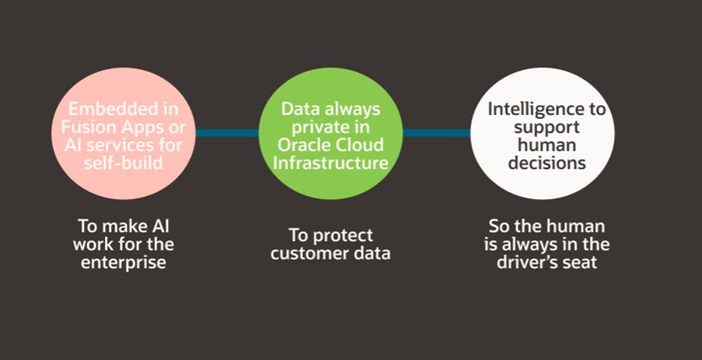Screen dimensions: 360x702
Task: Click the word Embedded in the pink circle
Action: (100, 109)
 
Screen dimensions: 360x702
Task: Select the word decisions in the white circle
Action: (542, 163)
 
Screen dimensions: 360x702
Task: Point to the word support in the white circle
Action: (543, 127)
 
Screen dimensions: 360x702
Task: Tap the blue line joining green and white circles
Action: (436, 133)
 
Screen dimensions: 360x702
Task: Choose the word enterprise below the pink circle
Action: (126, 263)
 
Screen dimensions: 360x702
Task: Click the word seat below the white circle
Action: (582, 264)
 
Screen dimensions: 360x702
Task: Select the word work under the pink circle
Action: (100, 245)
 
